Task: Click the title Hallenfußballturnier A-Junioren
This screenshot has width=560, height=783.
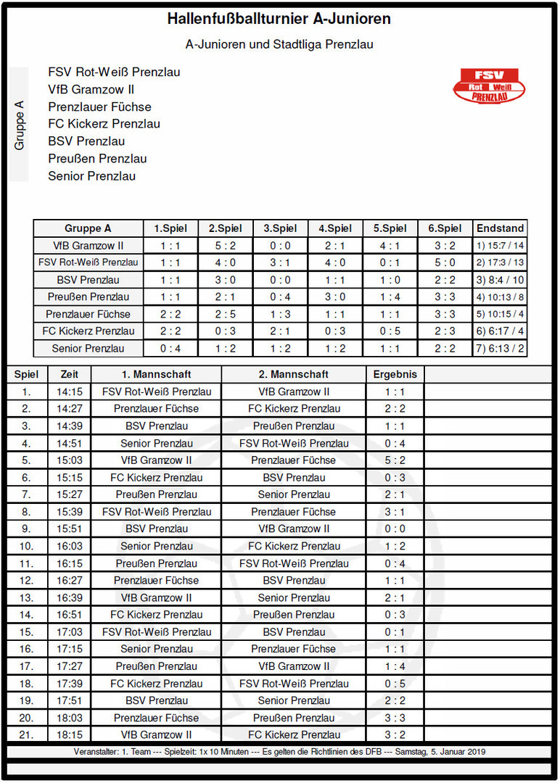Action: click(279, 20)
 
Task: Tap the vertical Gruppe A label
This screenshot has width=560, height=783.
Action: click(20, 125)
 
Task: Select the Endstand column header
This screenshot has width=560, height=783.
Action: click(501, 228)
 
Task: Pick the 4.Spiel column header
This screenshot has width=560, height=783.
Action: click(335, 228)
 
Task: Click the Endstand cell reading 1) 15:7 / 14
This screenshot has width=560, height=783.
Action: click(501, 246)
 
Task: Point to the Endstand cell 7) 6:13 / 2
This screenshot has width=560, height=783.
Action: click(501, 349)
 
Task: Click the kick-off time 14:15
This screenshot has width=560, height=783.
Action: click(70, 391)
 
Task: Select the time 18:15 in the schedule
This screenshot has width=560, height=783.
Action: click(70, 734)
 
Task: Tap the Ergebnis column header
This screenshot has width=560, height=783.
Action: click(395, 375)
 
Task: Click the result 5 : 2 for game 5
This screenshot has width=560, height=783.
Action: click(395, 460)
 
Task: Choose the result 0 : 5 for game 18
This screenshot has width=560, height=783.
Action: click(395, 684)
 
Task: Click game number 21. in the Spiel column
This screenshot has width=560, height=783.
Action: click(27, 734)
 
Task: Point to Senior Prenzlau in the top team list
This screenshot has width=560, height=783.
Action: click(92, 176)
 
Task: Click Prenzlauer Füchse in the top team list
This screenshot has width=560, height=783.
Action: click(100, 107)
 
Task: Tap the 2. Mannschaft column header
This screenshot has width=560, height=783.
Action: click(294, 375)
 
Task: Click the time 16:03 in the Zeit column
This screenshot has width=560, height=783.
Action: click(70, 546)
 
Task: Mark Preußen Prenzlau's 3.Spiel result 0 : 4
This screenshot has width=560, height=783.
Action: click(280, 297)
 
